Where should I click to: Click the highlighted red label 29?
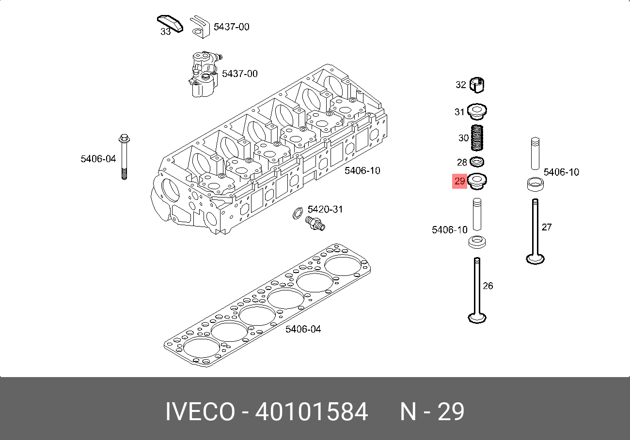coord(459,181)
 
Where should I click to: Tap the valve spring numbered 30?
coord(477,137)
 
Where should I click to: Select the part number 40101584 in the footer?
coord(311,411)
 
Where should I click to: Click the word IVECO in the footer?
coord(200,411)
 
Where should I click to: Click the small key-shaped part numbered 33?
coord(170,24)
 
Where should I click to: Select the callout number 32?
coord(461,85)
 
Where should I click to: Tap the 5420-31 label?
coord(325,209)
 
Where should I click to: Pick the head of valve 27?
coord(535,259)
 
